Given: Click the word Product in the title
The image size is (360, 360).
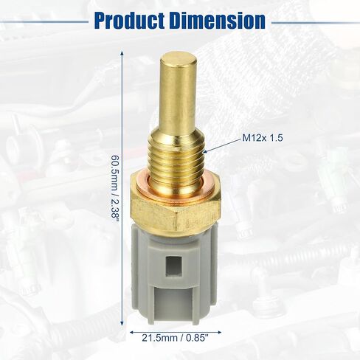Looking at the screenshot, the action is pos(129,21).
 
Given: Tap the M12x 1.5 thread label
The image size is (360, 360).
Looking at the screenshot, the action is pos(263,138).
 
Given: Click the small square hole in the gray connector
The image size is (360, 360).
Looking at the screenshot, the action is pos(173,266).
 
